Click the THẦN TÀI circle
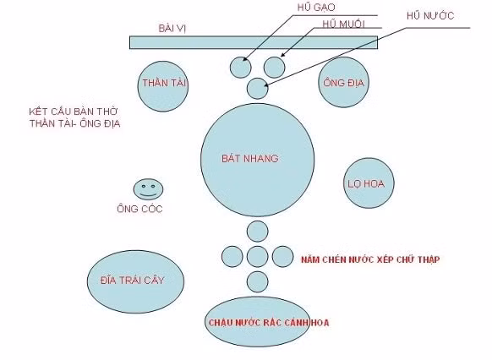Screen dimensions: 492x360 point(163,86)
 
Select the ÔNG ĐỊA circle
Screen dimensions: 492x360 point(343,82)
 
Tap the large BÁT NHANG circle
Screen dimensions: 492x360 point(257,160)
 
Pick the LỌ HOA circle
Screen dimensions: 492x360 point(369,183)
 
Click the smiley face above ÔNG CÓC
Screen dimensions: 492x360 point(148,189)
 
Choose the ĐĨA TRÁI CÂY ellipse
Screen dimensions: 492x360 point(135,281)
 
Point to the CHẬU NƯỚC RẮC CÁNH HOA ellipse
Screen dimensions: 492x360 point(257,322)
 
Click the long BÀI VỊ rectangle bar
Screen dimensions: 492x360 point(254,42)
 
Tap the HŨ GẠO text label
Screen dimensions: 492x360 point(316,8)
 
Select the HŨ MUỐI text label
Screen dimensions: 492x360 point(343,25)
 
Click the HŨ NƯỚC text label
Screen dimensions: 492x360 point(430,16)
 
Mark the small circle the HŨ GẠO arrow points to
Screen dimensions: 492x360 point(241,68)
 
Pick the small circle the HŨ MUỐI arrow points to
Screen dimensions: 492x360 point(274,68)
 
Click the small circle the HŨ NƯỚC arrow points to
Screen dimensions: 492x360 point(257,89)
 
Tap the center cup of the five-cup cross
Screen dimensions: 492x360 point(257,257)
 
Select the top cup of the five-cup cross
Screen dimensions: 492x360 point(257,232)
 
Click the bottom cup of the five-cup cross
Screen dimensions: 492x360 point(257,282)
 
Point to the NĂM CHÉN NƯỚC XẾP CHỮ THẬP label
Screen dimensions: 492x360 point(370,259)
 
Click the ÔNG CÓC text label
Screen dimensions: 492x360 point(139,209)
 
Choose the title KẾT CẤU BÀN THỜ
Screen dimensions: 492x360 point(73,112)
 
